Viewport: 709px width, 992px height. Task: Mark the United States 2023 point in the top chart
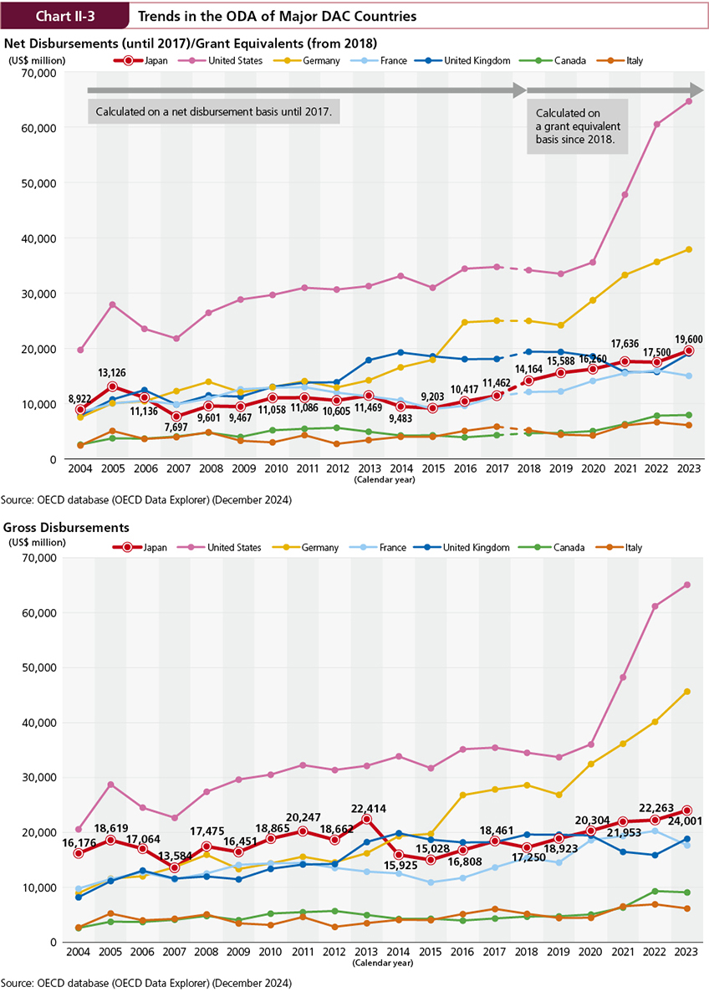(x=686, y=101)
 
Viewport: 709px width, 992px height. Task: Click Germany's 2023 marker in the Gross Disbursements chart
(x=686, y=692)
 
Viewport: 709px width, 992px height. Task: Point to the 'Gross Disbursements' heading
(x=66, y=528)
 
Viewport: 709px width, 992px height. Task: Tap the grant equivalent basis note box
(x=575, y=126)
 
